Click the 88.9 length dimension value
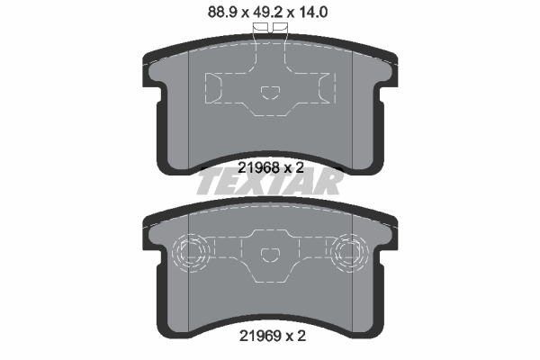click(223, 13)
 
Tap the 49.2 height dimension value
click(268, 13)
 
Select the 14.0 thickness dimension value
click(312, 13)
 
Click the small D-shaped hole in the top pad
click(270, 93)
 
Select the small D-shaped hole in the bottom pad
click(270, 255)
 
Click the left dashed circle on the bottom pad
click(191, 253)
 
